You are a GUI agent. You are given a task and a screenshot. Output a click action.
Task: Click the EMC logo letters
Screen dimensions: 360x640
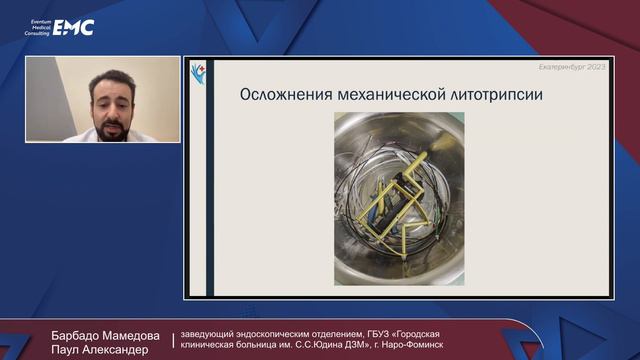coord(74,27)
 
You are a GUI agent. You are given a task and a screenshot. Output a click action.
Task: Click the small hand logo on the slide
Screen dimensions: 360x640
coord(199,72)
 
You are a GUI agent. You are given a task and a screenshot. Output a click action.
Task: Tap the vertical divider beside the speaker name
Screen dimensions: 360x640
coord(172,342)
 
